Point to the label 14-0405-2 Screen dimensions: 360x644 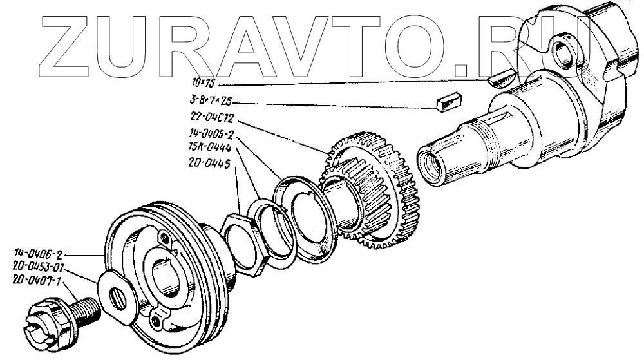click(x=208, y=135)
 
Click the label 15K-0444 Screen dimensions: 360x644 click(x=206, y=147)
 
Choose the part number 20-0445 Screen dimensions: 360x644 click(x=207, y=163)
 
